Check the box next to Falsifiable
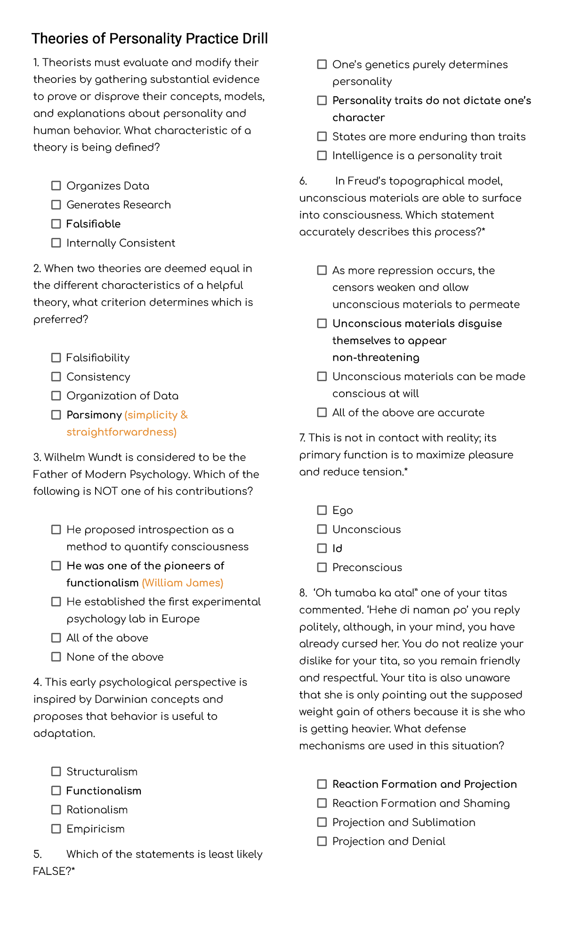point(56,224)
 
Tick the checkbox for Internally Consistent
point(56,243)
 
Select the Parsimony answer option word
point(94,415)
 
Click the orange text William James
point(182,583)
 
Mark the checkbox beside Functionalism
point(56,791)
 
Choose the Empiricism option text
point(96,829)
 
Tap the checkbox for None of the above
point(56,657)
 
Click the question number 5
point(38,854)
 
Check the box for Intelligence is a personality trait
point(322,155)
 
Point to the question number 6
point(303,181)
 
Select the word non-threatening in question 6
point(376,358)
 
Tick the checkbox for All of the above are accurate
point(322,413)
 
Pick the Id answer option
point(337,548)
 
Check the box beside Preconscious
point(322,568)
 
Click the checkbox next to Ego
point(322,510)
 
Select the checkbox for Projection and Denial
point(322,841)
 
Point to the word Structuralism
point(102,772)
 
